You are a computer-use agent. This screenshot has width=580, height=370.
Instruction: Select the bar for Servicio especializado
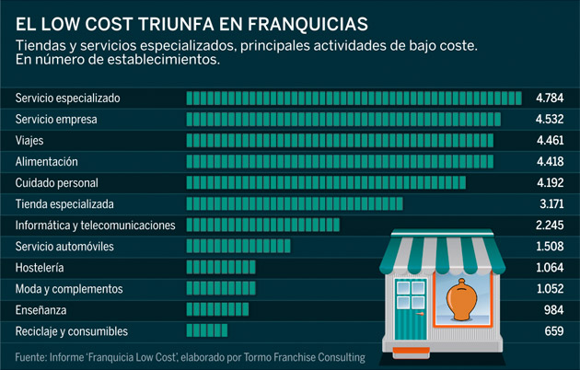pos(354,98)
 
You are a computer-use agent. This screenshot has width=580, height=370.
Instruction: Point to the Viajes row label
pos(29,140)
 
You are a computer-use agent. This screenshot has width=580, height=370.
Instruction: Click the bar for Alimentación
pos(340,161)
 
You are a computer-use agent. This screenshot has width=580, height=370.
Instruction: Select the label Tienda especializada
pos(65,203)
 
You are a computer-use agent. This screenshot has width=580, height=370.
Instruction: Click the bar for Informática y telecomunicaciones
pos(263,225)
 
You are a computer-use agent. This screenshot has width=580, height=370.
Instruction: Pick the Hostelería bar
pos(222,267)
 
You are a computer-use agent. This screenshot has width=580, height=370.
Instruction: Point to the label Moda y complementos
pos(69,288)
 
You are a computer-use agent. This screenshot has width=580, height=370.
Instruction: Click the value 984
pos(553,309)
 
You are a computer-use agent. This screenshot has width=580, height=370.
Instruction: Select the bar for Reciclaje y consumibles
pos(207,330)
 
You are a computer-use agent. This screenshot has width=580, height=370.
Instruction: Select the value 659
pos(553,330)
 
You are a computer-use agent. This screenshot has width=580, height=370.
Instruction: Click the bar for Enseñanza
pos(218,309)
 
